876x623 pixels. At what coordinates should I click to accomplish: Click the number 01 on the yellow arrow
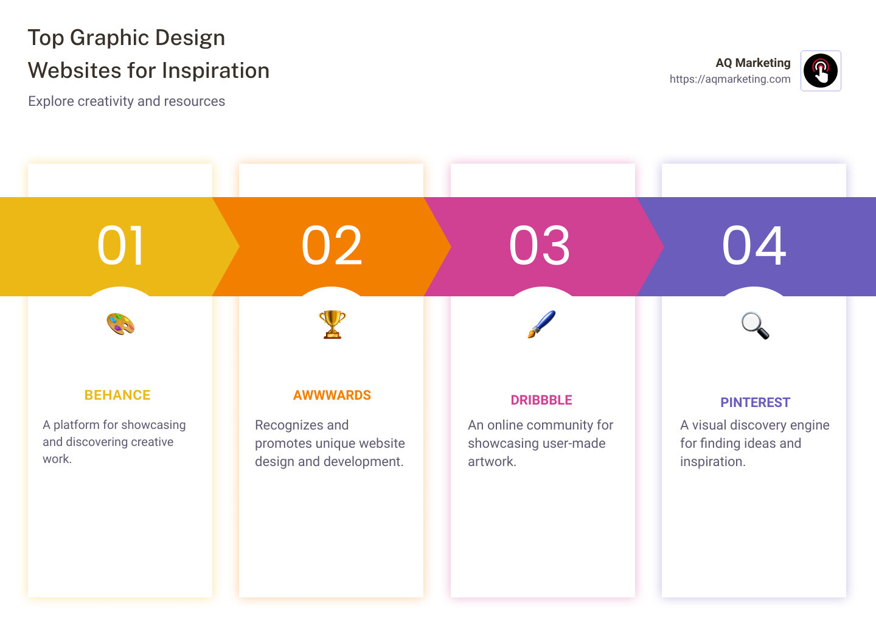click(120, 246)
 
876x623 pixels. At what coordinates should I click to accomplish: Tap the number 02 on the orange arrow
click(332, 246)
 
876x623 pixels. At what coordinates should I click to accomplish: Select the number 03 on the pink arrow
click(540, 246)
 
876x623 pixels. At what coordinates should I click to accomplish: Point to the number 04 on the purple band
click(754, 246)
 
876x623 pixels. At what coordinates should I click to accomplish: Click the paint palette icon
click(120, 324)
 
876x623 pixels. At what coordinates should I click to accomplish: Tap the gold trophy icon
click(332, 324)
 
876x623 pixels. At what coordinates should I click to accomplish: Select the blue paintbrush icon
click(541, 324)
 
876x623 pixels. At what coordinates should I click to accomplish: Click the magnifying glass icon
click(755, 325)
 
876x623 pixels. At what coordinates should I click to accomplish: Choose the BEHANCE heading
click(117, 395)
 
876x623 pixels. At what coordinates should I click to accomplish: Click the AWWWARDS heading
click(332, 395)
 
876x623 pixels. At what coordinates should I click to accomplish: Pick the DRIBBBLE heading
click(541, 400)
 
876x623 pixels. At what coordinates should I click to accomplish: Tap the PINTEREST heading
click(755, 403)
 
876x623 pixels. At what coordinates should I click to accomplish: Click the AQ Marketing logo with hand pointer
click(821, 71)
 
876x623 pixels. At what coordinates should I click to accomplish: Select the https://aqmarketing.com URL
click(730, 79)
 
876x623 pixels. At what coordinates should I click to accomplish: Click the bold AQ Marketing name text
click(753, 63)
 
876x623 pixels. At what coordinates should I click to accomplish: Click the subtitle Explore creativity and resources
click(127, 102)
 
